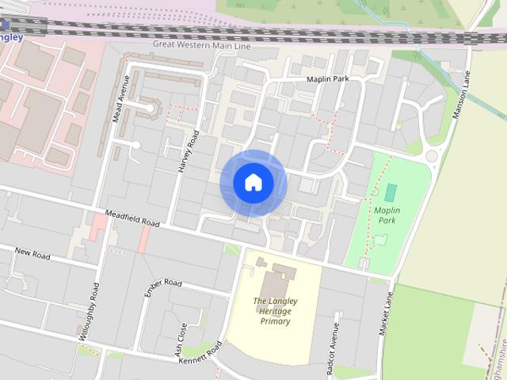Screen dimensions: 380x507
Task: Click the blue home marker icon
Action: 253,183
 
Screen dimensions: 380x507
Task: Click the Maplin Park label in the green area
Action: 386,215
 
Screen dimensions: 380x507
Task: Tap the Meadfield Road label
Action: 132,218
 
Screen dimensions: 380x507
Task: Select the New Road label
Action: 32,254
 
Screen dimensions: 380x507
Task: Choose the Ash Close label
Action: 183,337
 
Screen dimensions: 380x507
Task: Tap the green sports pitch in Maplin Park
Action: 391,192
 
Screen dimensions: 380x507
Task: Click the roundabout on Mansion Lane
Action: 432,156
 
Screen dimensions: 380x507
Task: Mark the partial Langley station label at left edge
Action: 11,36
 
